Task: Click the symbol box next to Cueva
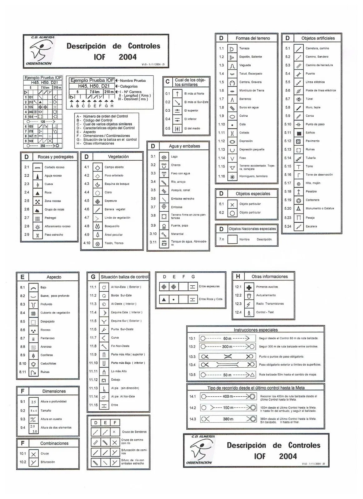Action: point(37,184)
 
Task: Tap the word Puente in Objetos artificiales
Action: point(310,74)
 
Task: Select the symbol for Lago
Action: point(164,157)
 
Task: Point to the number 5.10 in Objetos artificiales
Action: point(287,124)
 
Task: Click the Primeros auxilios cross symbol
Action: point(249,287)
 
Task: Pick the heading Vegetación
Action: point(118,157)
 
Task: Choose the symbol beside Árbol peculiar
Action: point(97,235)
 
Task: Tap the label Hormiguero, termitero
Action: point(253,176)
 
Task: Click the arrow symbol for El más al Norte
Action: point(177,94)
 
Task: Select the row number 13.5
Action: point(192,375)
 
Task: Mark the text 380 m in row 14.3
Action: point(228,419)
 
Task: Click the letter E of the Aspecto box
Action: point(22,277)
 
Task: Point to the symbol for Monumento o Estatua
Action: point(299,208)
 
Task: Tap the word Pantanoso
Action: point(47,338)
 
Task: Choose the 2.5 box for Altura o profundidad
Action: point(33,402)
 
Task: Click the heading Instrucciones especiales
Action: point(255,330)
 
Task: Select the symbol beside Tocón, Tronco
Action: point(97,243)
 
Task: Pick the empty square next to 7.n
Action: point(232,239)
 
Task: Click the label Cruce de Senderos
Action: point(134,432)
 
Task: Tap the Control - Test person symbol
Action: point(249,313)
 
